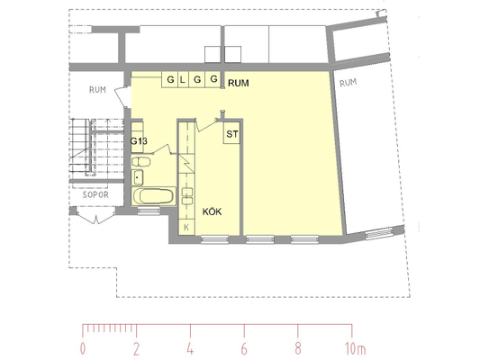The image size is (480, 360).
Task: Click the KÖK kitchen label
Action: tap(212, 211)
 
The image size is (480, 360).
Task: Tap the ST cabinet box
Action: tap(231, 133)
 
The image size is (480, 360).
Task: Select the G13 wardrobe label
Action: tap(139, 141)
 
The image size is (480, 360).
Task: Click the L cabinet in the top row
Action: tap(183, 80)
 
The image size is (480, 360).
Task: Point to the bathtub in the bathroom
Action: tap(154, 196)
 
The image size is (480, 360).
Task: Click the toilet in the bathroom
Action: tap(141, 161)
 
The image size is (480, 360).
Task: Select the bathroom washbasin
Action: tap(137, 177)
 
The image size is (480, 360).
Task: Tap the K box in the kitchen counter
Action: tap(186, 228)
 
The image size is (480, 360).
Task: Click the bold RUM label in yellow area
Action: tap(238, 83)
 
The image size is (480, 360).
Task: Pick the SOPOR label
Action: tap(95, 194)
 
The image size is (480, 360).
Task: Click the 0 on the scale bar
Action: tap(83, 348)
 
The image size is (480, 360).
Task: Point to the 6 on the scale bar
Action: tap(244, 348)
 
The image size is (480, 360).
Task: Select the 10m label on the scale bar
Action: tap(355, 348)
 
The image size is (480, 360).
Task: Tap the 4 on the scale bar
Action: tap(190, 348)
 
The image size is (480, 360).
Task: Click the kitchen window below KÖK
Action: tap(214, 239)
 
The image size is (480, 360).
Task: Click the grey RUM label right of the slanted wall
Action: tap(348, 83)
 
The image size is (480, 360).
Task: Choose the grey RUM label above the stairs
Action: tap(97, 90)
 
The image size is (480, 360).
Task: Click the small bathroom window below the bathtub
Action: tap(149, 211)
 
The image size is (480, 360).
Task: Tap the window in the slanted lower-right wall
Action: tap(379, 233)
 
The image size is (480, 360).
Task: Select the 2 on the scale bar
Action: tap(137, 348)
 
